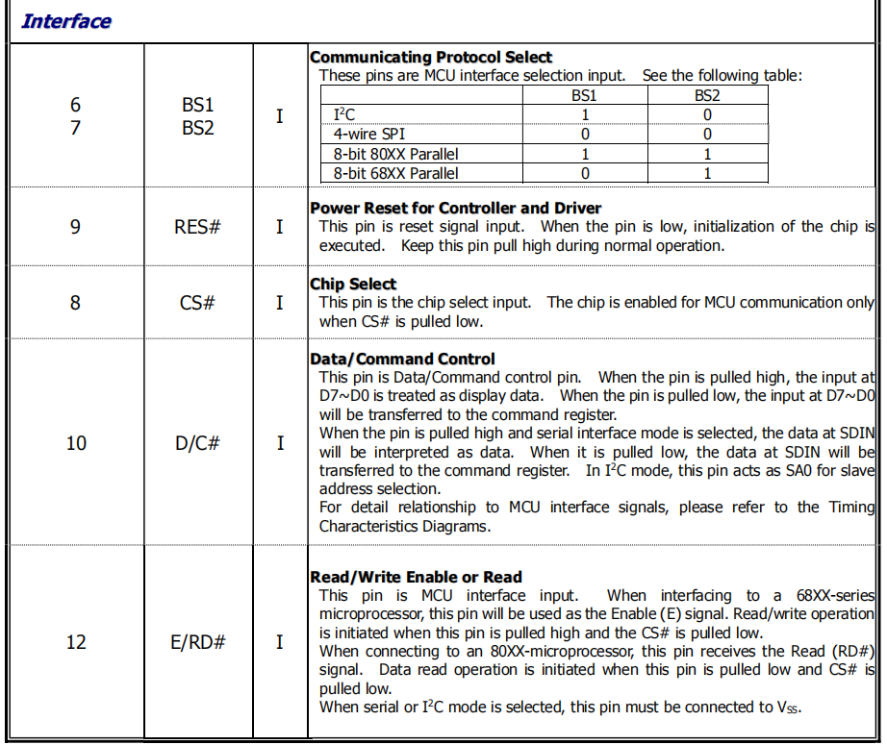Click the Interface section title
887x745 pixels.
(x=65, y=21)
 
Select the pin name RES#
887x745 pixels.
(x=198, y=227)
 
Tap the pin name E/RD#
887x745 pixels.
(x=198, y=641)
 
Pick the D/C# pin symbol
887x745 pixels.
(x=199, y=443)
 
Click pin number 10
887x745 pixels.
(x=76, y=443)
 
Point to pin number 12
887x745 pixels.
(x=76, y=641)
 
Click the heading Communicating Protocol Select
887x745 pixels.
(x=431, y=58)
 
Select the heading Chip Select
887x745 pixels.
(x=353, y=284)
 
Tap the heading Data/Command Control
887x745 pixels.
(x=402, y=360)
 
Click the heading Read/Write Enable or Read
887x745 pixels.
(x=416, y=577)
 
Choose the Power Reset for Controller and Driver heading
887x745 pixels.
(x=455, y=208)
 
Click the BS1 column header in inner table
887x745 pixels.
(x=584, y=95)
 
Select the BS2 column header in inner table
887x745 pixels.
(x=707, y=95)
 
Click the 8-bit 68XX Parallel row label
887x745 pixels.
(x=395, y=173)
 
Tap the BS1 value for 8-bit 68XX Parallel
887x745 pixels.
(x=584, y=173)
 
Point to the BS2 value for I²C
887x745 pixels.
(x=707, y=115)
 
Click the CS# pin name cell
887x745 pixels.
(x=198, y=303)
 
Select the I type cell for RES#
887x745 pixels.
(x=280, y=227)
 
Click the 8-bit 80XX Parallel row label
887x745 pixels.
(x=395, y=154)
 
